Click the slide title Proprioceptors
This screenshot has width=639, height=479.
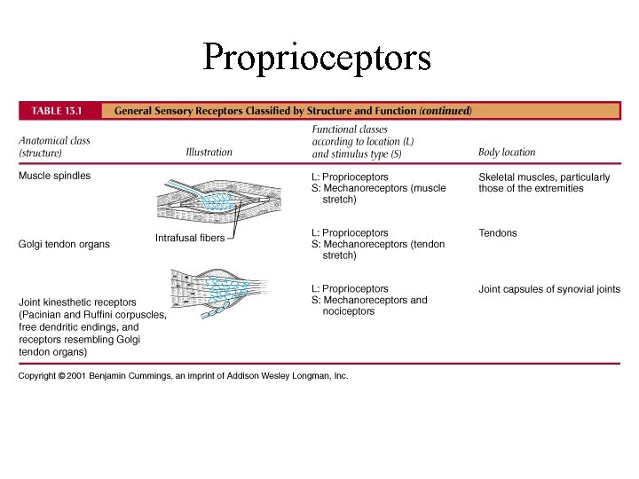tap(317, 58)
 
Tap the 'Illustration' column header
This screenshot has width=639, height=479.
tap(209, 153)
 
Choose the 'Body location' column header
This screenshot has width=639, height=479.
tap(507, 153)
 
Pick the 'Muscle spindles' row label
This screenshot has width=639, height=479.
tap(55, 176)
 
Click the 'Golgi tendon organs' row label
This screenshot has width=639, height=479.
tap(65, 245)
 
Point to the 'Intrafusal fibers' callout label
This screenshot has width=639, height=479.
tap(190, 238)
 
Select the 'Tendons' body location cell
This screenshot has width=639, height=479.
tap(497, 233)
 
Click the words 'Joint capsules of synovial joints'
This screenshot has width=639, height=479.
tap(549, 289)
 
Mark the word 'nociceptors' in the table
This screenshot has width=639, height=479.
tap(349, 311)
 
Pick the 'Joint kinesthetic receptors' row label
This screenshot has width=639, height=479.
tap(77, 302)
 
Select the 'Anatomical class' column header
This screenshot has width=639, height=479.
tap(54, 141)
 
